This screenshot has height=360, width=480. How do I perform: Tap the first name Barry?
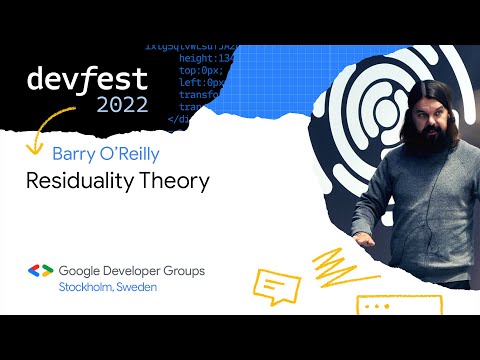(x=74, y=155)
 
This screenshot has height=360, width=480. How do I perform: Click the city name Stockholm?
(x=87, y=287)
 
